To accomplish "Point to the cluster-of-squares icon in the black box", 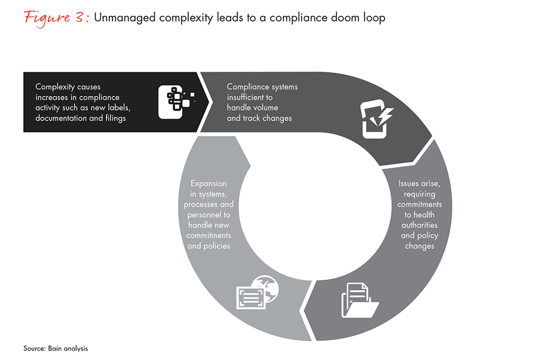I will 176,100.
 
